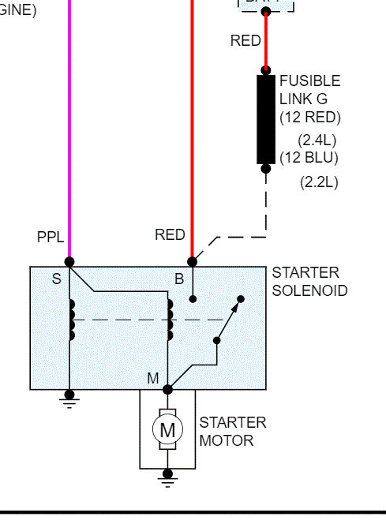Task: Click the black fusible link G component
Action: [266, 119]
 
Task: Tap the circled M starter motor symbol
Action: [167, 430]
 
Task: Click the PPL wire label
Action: [50, 237]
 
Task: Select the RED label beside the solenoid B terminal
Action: [170, 234]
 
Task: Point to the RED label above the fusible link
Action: [245, 40]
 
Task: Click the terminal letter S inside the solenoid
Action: [56, 279]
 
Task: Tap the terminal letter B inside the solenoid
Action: [179, 279]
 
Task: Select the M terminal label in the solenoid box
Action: [152, 379]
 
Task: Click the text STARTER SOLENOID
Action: [309, 282]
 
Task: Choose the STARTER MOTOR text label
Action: [233, 431]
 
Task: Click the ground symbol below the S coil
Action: [69, 399]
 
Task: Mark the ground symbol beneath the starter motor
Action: [167, 476]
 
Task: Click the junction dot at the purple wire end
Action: [69, 261]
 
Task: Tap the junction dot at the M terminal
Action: [167, 389]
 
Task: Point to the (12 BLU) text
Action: [309, 157]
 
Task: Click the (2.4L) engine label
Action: [317, 139]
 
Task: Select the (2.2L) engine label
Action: [319, 182]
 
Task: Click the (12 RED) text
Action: [309, 118]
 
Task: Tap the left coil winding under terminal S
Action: [72, 320]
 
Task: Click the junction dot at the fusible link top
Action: [266, 70]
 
